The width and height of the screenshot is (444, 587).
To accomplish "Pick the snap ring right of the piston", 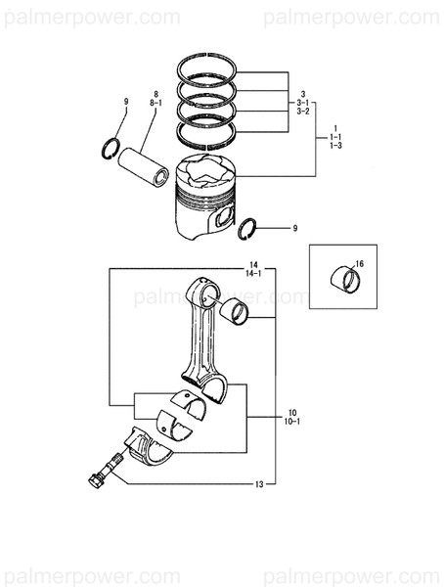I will (249, 228).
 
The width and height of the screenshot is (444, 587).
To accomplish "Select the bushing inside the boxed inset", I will (344, 279).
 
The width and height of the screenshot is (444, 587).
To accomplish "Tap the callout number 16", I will (359, 264).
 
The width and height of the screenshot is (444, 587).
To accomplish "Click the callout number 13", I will (259, 484).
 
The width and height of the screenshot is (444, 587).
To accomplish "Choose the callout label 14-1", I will (253, 275).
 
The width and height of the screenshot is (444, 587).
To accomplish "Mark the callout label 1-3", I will (334, 145).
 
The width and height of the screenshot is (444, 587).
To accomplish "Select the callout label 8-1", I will (155, 102).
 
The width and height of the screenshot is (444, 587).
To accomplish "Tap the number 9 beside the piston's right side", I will (295, 228).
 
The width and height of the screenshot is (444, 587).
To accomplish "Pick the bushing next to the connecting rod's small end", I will (236, 313).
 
